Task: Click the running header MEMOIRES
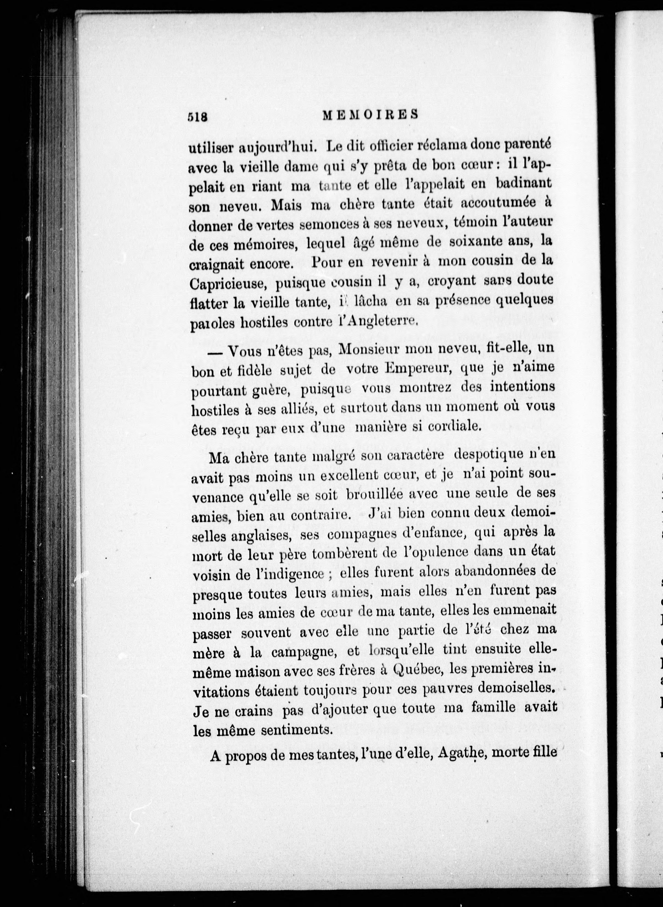click(x=370, y=114)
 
